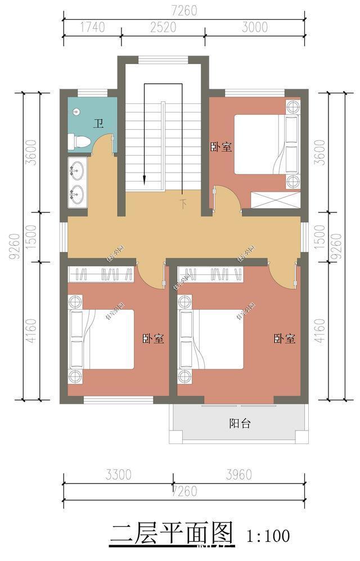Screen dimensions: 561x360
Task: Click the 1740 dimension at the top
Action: (91, 27)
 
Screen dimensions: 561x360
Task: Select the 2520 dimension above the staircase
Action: (163, 27)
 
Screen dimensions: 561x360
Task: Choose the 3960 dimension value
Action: (237, 475)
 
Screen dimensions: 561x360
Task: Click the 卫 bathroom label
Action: (98, 124)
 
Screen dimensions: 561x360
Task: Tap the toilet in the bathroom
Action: (78, 142)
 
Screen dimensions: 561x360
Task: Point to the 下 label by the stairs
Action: (183, 203)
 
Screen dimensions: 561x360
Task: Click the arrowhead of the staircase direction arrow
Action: (145, 179)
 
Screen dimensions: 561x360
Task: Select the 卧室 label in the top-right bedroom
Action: (222, 147)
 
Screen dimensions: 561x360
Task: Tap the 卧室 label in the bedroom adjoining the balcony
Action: (285, 339)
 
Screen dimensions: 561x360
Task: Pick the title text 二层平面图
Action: (172, 533)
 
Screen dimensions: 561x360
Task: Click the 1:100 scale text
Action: (268, 535)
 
